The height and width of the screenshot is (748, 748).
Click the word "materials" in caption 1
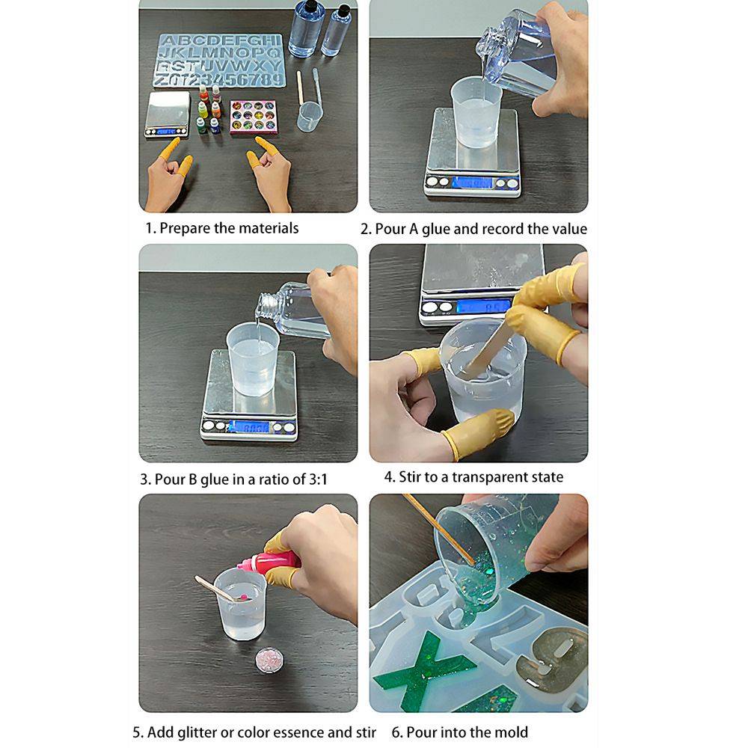(x=269, y=228)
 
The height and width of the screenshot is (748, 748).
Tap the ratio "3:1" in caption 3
(x=317, y=479)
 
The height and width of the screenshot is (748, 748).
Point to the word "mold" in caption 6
(x=511, y=732)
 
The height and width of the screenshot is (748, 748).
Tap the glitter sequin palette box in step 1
(x=254, y=117)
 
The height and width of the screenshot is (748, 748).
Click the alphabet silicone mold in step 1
(x=219, y=60)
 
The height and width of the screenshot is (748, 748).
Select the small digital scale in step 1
(x=167, y=114)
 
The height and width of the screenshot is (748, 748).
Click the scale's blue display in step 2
(x=472, y=183)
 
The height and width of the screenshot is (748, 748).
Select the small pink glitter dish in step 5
(x=269, y=660)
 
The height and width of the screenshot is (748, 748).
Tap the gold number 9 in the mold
(x=551, y=659)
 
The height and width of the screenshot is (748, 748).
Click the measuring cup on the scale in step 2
(x=476, y=113)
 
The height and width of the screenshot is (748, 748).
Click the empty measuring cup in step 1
(x=309, y=117)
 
